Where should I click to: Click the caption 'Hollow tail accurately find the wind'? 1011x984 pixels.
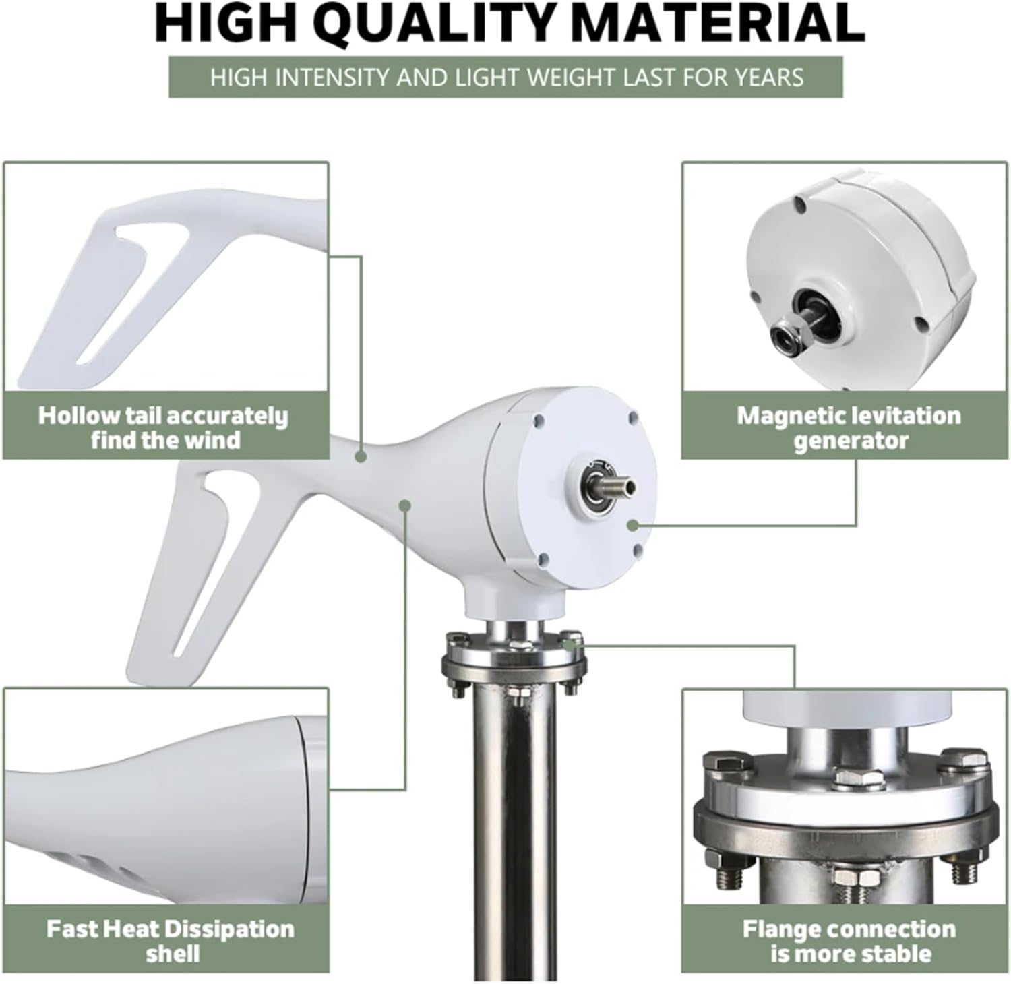tap(163, 427)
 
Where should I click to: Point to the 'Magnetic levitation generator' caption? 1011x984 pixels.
tap(849, 427)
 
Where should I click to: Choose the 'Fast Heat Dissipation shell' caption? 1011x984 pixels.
tap(170, 941)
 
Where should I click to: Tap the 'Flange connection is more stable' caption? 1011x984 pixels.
tap(849, 941)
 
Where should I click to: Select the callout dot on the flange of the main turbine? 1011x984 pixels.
tap(571, 644)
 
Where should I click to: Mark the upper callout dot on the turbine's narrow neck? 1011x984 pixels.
tap(361, 457)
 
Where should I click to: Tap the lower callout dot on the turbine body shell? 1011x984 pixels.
tap(405, 504)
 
